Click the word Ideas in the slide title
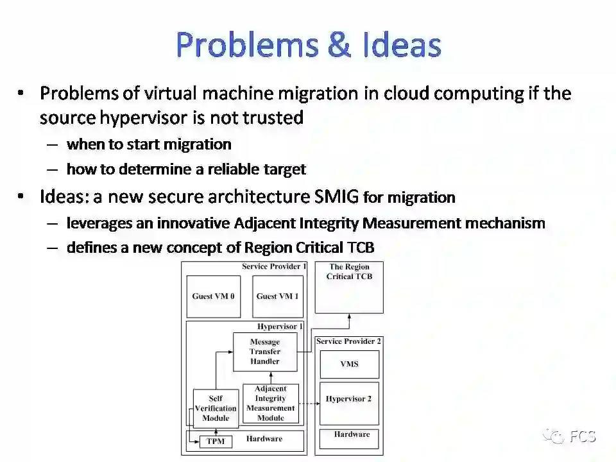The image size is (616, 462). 401,45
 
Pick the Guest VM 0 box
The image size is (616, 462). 213,296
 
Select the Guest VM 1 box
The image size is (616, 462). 277,296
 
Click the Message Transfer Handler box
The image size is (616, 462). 265,352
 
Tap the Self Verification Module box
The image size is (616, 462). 216,408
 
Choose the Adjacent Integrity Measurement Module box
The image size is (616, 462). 270,404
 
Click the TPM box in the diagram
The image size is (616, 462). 215,441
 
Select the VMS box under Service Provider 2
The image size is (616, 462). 349,364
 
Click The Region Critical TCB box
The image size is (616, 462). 349,287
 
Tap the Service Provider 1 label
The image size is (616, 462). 275,266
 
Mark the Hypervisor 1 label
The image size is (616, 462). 280,327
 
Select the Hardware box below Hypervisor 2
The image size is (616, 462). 350,439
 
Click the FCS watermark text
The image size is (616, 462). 582,437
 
